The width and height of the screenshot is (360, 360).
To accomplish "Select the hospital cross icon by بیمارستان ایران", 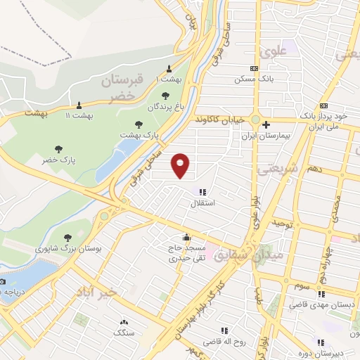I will click(x=266, y=125).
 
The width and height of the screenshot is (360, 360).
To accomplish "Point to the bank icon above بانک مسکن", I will click(x=255, y=68).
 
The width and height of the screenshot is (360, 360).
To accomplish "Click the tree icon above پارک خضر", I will click(x=58, y=148).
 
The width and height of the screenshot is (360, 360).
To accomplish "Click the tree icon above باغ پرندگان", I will click(x=165, y=96).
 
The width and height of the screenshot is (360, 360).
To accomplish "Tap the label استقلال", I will click(x=204, y=203).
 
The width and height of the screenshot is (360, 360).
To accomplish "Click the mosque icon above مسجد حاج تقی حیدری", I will click(x=186, y=237).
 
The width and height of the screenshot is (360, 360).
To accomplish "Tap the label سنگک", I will click(x=124, y=331).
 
